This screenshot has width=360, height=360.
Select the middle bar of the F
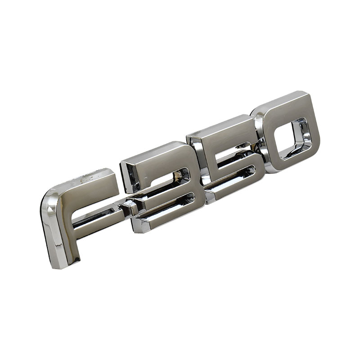pyautogui.click(x=96, y=216)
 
